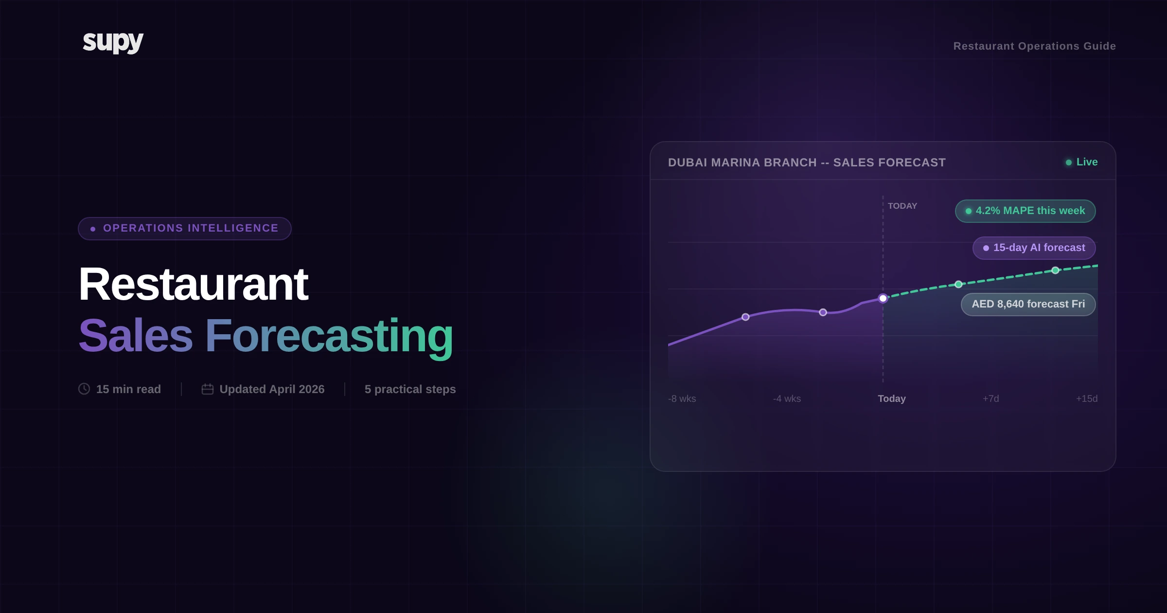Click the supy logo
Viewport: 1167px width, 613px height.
pyautogui.click(x=113, y=42)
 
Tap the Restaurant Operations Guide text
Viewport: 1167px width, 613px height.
pyautogui.click(x=1034, y=46)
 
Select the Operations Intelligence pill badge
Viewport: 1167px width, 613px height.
pyautogui.click(x=185, y=229)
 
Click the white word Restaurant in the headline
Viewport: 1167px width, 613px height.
pyautogui.click(x=193, y=285)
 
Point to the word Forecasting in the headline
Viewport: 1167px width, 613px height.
pyautogui.click(x=329, y=336)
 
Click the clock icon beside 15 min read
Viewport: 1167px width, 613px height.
pyautogui.click(x=84, y=389)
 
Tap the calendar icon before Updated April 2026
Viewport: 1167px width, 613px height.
pyautogui.click(x=208, y=389)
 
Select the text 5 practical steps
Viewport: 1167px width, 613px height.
pyautogui.click(x=410, y=389)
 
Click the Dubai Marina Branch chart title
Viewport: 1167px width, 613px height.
pyautogui.click(x=807, y=162)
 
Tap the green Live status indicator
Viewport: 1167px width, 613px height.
pyautogui.click(x=1082, y=162)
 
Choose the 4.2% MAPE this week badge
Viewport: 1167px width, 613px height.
pyautogui.click(x=1025, y=211)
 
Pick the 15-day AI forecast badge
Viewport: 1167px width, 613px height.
pyautogui.click(x=1034, y=248)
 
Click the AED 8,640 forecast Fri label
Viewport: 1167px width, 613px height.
pyautogui.click(x=1028, y=305)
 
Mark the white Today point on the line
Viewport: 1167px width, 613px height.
pyautogui.click(x=883, y=298)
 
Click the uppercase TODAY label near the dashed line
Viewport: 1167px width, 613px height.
pyautogui.click(x=902, y=206)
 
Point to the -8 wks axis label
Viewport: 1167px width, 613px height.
pyautogui.click(x=682, y=399)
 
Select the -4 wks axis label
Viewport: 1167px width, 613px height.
pyautogui.click(x=787, y=399)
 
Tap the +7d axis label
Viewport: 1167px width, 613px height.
pyautogui.click(x=990, y=399)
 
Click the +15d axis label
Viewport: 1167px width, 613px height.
pyautogui.click(x=1086, y=399)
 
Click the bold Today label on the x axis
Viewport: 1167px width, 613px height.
pyautogui.click(x=891, y=399)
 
